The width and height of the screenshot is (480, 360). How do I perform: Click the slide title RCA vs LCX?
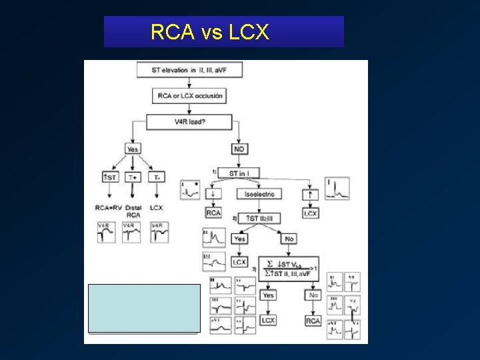(210, 32)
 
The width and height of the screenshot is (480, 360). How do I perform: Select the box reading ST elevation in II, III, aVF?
(189, 69)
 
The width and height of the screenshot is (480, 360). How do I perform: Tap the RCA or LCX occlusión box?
(189, 96)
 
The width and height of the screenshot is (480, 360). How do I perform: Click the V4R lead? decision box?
(189, 122)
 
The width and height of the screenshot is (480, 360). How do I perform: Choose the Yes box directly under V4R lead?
(133, 149)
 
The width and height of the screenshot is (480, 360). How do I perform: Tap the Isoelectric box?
(259, 194)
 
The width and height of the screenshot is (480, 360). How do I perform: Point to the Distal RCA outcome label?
(133, 211)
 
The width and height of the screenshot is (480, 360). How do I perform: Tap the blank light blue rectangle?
(144, 307)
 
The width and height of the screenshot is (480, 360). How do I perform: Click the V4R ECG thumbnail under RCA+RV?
(107, 232)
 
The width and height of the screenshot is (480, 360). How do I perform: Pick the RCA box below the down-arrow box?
(213, 213)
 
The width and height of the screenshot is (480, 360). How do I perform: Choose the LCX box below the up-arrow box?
(311, 213)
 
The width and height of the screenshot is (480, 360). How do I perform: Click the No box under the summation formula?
(313, 294)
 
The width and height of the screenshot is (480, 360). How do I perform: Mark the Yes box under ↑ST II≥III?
(239, 238)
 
